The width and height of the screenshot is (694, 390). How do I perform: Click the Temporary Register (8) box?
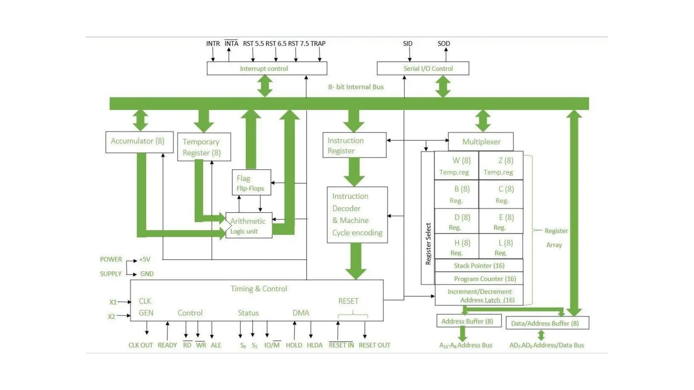[x=204, y=147]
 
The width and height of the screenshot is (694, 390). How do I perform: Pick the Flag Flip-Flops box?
[x=251, y=182]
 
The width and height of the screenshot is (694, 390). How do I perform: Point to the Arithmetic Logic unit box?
[x=249, y=225]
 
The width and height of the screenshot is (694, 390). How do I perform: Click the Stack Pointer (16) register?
[x=479, y=266]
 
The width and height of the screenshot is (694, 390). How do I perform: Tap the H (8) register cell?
[x=456, y=247]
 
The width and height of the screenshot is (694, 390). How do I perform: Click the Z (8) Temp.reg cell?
[x=501, y=165]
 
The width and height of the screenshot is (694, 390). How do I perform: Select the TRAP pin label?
[x=318, y=44]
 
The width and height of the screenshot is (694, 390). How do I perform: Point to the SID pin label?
[x=408, y=44]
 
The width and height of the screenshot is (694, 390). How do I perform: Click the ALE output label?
[x=216, y=345]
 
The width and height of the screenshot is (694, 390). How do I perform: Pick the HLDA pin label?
[x=314, y=345]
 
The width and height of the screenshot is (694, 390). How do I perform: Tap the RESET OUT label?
[x=374, y=345]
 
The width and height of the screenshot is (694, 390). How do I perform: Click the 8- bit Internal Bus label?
[x=355, y=87]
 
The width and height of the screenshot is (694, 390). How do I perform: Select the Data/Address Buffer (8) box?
[x=547, y=323]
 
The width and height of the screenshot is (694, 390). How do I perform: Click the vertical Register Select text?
[x=428, y=243]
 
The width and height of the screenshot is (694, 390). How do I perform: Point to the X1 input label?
[x=113, y=302]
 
